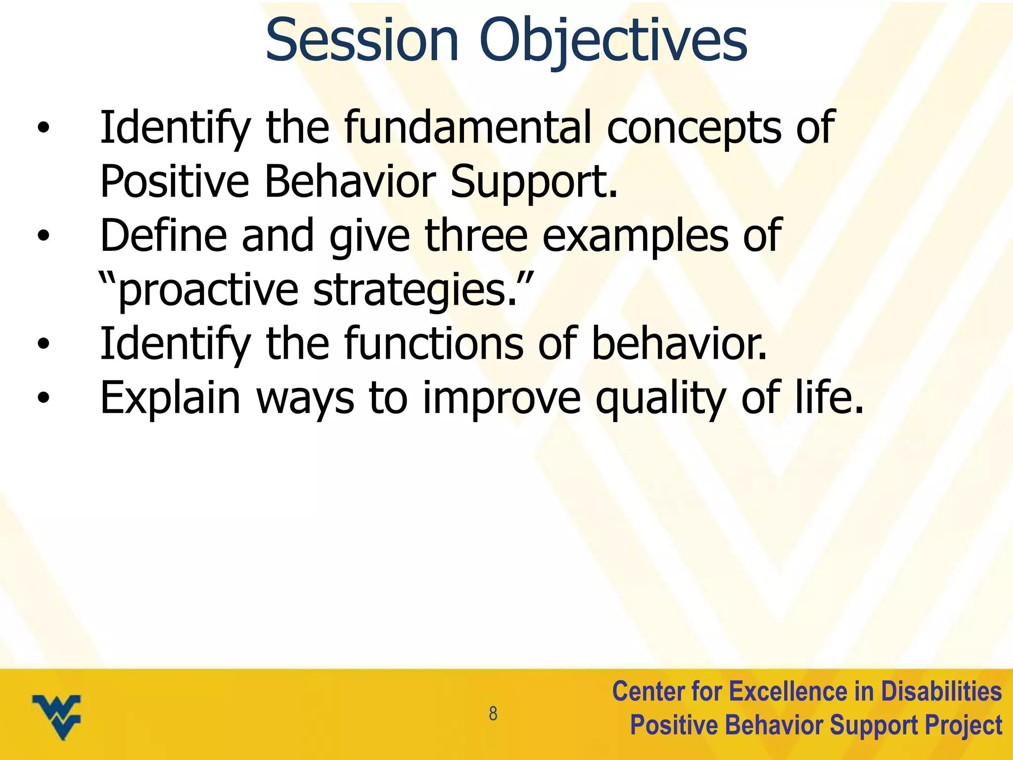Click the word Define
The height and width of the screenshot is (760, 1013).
tap(163, 236)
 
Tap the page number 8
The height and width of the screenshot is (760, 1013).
tap(493, 714)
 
